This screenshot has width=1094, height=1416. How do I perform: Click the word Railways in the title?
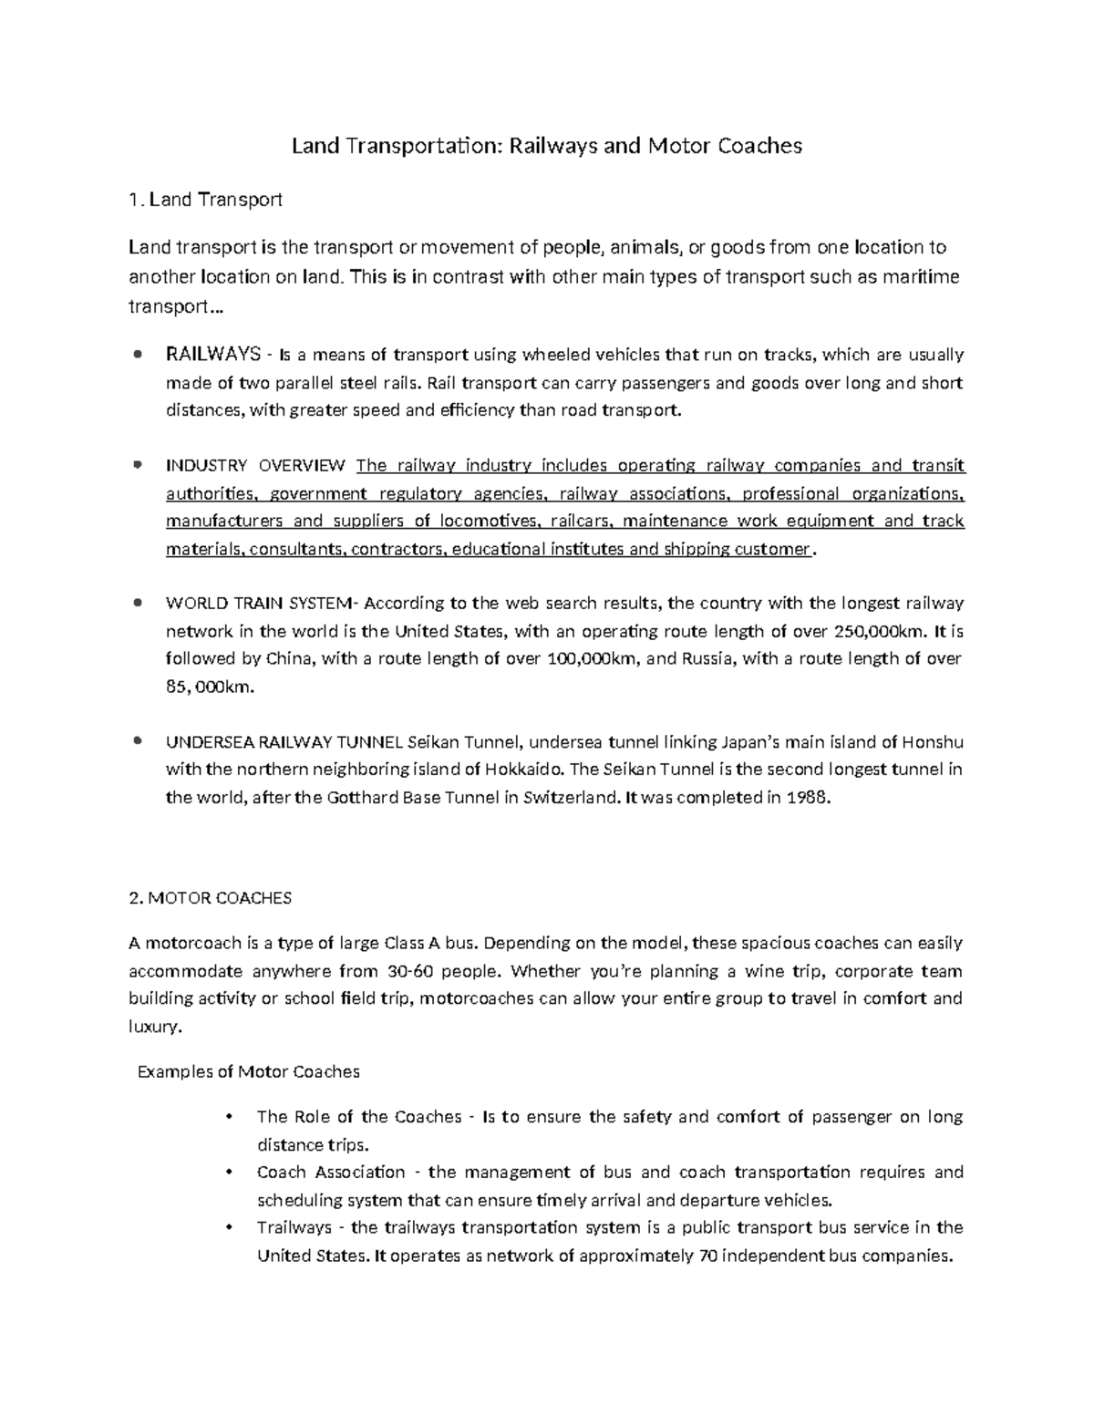(x=551, y=146)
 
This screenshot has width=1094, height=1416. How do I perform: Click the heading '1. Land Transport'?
(x=206, y=199)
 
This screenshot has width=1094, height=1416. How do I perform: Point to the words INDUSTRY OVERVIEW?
(x=255, y=466)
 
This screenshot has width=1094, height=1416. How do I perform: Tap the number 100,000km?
(x=591, y=658)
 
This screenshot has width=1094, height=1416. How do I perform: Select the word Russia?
(x=707, y=658)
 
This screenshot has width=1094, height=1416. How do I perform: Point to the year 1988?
(x=810, y=797)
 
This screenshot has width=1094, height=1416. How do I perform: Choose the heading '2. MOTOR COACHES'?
(x=211, y=898)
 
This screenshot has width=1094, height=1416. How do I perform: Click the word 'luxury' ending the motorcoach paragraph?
(x=154, y=1027)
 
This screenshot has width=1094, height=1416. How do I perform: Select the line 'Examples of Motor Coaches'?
(x=248, y=1071)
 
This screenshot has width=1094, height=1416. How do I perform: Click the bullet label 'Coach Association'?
(x=331, y=1172)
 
